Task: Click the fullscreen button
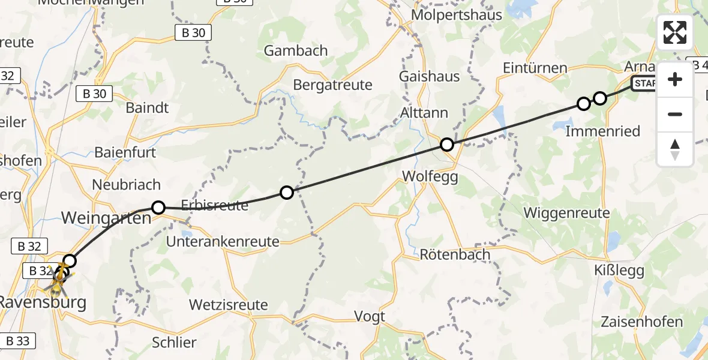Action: pyautogui.click(x=675, y=32)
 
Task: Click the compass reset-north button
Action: pyautogui.click(x=675, y=149)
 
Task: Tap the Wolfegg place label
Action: pyautogui.click(x=430, y=176)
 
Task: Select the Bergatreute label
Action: pyautogui.click(x=332, y=85)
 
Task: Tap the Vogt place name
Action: pyautogui.click(x=370, y=316)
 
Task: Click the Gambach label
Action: pyautogui.click(x=296, y=50)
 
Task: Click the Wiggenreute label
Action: pyautogui.click(x=566, y=212)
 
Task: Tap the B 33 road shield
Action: pyautogui.click(x=18, y=341)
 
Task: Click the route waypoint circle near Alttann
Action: pyautogui.click(x=446, y=145)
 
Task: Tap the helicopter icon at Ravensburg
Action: pyautogui.click(x=58, y=280)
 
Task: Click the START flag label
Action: pyautogui.click(x=644, y=84)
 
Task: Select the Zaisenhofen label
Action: pyautogui.click(x=641, y=322)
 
